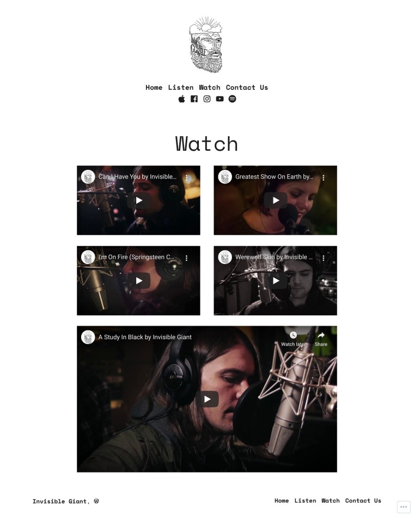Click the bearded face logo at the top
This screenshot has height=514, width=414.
point(206,45)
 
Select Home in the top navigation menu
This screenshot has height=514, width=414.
point(154,88)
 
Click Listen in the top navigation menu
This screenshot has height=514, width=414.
point(181,88)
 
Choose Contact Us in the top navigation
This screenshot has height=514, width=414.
point(247,88)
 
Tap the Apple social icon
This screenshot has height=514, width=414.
point(181,99)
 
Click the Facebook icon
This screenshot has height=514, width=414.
point(194,99)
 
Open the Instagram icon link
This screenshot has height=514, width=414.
point(207,99)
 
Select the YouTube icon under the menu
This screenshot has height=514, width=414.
point(220,99)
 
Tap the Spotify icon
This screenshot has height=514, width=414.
point(232,99)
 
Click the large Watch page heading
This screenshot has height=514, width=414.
point(206,144)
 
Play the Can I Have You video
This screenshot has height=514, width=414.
point(139,200)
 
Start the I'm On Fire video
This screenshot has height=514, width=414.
point(139,280)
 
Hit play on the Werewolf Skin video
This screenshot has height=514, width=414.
point(276,280)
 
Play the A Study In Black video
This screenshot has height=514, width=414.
point(207,399)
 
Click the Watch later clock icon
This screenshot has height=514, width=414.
point(293,335)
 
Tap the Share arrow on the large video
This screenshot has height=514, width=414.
point(321,335)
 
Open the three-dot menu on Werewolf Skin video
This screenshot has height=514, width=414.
point(324,258)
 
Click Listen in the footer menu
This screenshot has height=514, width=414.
point(305,500)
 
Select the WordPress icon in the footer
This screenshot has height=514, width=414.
point(96,501)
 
